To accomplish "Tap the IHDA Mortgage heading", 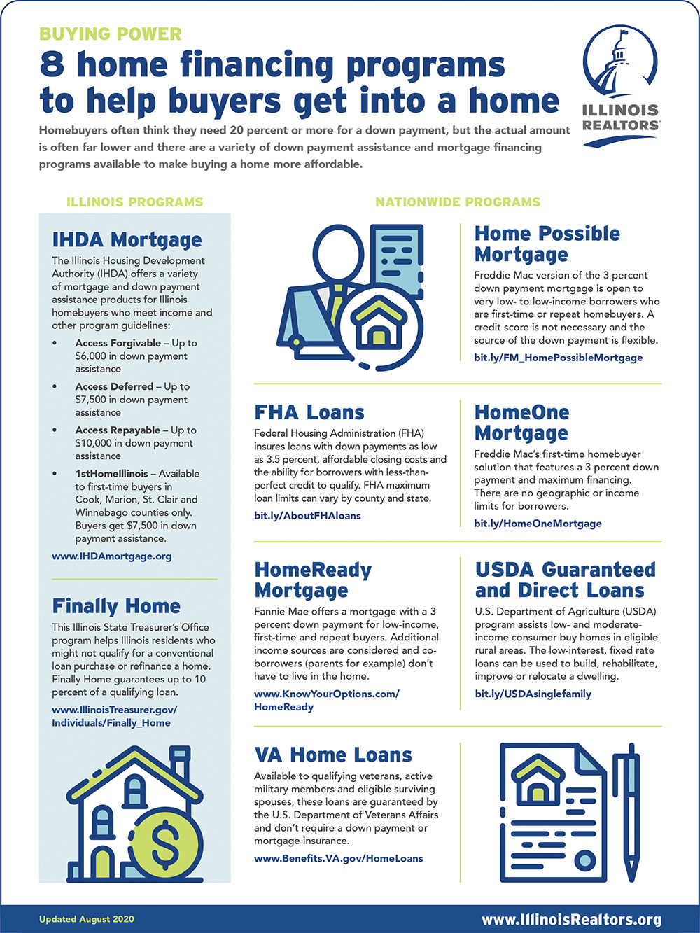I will [127, 240].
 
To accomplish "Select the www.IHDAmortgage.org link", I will [111, 556].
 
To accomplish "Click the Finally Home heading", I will [116, 606].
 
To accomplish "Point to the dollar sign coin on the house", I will [165, 845].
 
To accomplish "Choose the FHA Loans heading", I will [309, 412].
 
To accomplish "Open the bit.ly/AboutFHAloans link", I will [307, 516].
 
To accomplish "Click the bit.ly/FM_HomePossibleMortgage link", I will [558, 358].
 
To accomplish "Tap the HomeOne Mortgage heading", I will [521, 422].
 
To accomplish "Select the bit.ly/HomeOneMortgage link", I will [538, 524].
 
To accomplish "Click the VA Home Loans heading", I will [333, 755].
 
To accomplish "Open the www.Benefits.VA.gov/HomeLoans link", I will [338, 859].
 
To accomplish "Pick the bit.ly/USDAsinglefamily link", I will [533, 694].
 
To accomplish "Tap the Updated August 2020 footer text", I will [86, 919].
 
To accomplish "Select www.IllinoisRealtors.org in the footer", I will [571, 920].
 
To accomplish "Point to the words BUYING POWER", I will [110, 34].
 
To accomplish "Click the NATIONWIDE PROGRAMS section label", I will [458, 202].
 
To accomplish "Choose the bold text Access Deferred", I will [114, 386].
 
